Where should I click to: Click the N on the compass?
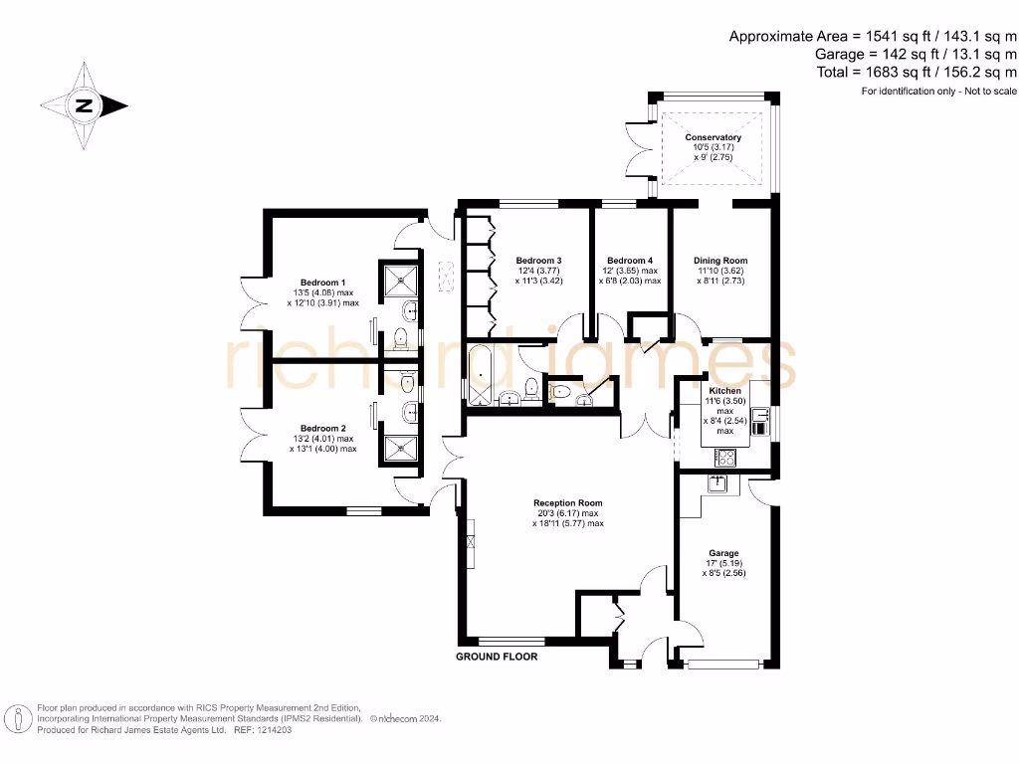click(86, 105)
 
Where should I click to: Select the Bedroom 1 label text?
click(323, 282)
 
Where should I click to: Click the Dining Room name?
click(719, 260)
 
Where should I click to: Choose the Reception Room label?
click(567, 503)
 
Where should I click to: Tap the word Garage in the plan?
click(723, 553)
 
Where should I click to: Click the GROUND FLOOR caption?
click(497, 658)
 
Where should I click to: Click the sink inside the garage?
click(716, 483)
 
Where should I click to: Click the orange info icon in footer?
click(17, 718)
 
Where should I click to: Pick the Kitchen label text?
click(723, 391)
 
